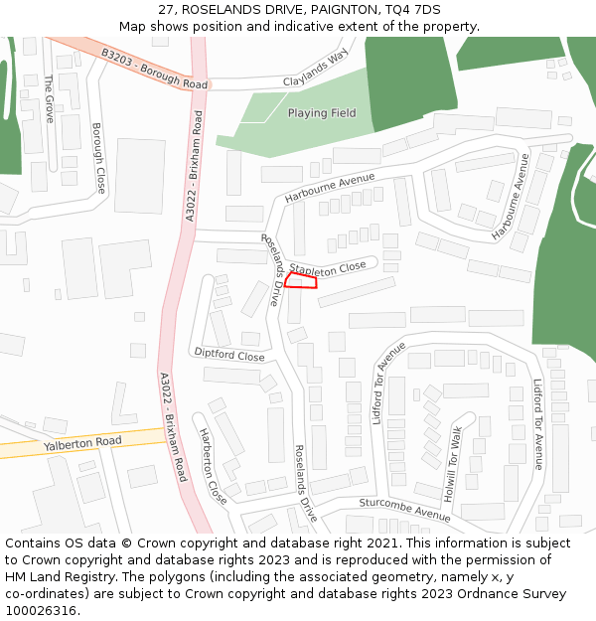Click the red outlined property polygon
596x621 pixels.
[301, 281]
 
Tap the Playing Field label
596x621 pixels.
[322, 113]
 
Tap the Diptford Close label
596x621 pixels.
[229, 355]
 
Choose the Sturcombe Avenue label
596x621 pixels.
[405, 510]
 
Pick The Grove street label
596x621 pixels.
[48, 97]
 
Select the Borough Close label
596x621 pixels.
[98, 157]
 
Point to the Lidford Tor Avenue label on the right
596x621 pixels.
[538, 423]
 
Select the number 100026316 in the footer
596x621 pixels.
[41, 610]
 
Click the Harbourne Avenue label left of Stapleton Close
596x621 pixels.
[330, 188]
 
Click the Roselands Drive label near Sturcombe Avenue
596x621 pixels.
[306, 483]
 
